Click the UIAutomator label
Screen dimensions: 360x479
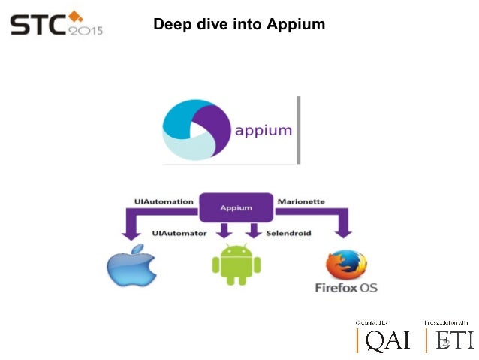click(x=179, y=234)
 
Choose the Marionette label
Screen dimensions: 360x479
click(x=301, y=201)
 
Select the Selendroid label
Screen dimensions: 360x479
click(x=288, y=234)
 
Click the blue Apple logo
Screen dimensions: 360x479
click(x=132, y=268)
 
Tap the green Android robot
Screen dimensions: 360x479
click(x=236, y=262)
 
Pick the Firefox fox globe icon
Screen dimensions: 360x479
click(x=345, y=265)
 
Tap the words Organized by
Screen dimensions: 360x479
click(x=372, y=322)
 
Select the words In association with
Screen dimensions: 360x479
click(x=446, y=322)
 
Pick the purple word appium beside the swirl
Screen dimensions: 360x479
click(x=263, y=130)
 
